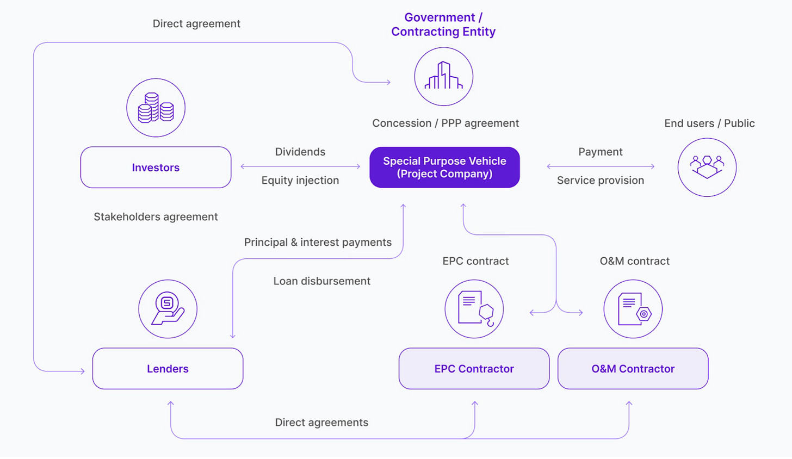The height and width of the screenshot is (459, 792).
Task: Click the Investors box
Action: pos(156,168)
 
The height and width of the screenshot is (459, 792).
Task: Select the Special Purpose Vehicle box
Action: pos(444,168)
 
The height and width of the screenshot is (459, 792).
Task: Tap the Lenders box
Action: pos(168,369)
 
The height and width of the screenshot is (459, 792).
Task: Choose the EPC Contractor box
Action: pos(474,369)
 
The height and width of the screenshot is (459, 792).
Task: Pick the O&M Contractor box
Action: pos(633,369)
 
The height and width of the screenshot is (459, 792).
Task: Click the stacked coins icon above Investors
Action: pos(156,108)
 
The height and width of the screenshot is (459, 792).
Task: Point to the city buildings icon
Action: pos(443,77)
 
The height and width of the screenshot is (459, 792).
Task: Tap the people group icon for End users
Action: pos(707,167)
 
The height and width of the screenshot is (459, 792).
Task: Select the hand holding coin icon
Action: pos(168,309)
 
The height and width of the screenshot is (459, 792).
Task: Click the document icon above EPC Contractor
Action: pos(474,309)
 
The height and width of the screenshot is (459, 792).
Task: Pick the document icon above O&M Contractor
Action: pos(633,309)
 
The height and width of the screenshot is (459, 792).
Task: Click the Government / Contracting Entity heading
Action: pos(443,24)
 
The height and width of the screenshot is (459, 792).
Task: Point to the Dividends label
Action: pos(300,152)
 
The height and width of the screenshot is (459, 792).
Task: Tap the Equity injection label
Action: pos(300,181)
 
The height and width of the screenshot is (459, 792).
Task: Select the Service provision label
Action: pos(600,181)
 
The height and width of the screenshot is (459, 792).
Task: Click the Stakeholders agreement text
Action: pos(156,217)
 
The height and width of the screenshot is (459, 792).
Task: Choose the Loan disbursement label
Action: pos(321,281)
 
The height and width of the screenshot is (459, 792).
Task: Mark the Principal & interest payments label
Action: pos(318,243)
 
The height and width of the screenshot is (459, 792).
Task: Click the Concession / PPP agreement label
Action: pos(445,123)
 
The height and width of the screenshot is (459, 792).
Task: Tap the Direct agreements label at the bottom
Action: pos(321,423)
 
